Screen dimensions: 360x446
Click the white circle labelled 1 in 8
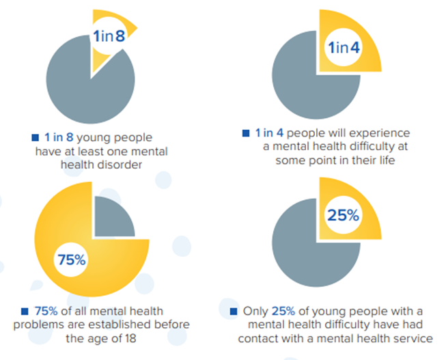coord(109,36)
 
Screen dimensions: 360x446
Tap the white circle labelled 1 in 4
coord(342,49)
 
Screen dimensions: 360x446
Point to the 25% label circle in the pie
coord(344,217)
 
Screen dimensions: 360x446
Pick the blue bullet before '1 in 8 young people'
coord(35,137)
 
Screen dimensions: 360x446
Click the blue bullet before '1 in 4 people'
coord(246,132)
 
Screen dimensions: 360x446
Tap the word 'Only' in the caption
coord(255,311)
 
